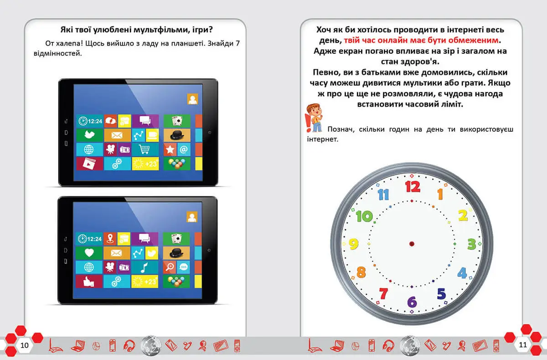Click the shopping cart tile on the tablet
click(145, 149)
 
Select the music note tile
click(145, 267)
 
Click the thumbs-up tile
click(89, 281)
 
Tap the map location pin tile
click(110, 238)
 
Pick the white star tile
click(170, 149)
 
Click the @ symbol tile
click(184, 149)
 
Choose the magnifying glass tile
click(170, 267)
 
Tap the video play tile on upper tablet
click(89, 164)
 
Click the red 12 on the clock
click(412, 186)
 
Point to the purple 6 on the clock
click(412, 302)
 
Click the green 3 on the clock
click(471, 243)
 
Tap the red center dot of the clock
click(412, 244)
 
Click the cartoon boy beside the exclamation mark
click(314, 117)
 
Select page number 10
click(25, 345)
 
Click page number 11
click(523, 345)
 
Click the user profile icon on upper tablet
click(192, 99)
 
